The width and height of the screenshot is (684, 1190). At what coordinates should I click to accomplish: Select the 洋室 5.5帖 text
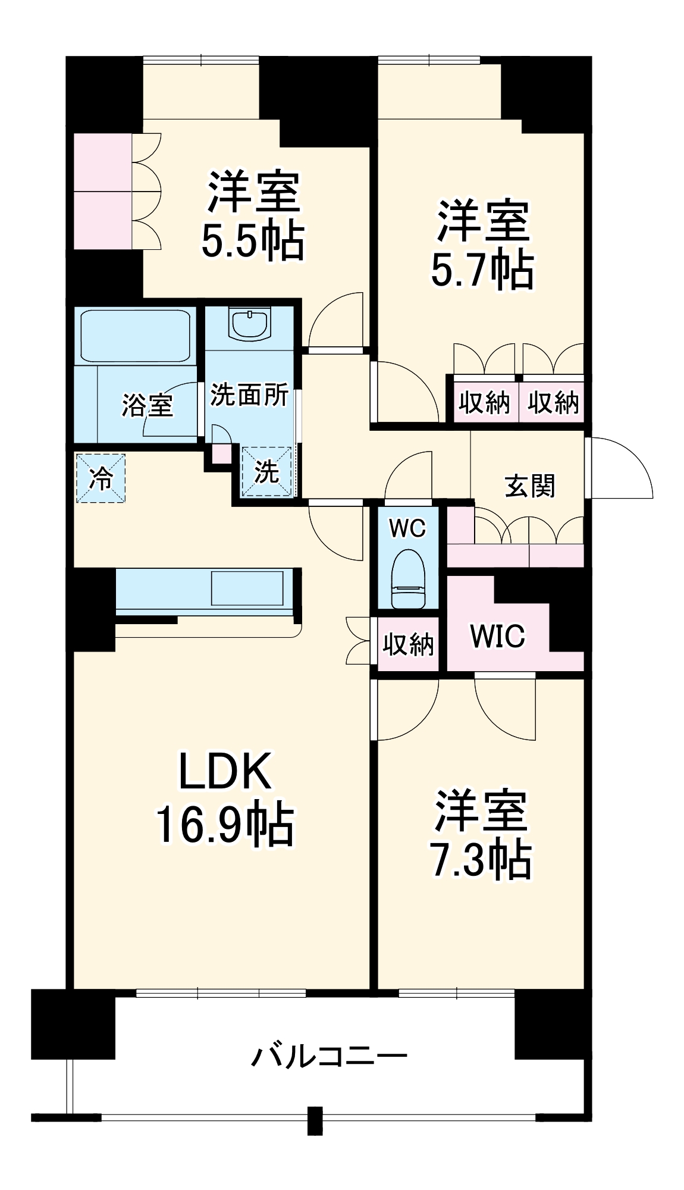[x=253, y=215]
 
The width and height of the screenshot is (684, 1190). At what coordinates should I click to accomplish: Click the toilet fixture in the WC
[x=409, y=579]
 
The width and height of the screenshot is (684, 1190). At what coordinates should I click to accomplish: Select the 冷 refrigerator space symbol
[x=101, y=478]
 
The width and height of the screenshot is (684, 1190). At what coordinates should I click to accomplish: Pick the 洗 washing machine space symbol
[x=267, y=472]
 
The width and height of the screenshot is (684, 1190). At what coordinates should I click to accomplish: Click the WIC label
[x=498, y=636]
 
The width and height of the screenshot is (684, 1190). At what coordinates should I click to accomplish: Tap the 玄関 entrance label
[x=529, y=486]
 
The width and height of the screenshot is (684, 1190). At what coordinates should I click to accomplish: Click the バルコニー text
[x=329, y=1057]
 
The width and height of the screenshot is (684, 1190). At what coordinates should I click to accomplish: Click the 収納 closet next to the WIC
[x=408, y=644]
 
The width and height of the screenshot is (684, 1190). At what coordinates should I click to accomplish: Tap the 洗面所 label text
[x=249, y=394]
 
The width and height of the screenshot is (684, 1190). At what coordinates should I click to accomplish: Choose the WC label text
[x=407, y=528]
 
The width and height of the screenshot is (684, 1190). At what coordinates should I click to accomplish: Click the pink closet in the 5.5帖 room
[x=102, y=191]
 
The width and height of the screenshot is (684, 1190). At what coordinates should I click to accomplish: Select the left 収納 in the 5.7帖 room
[x=484, y=403]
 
